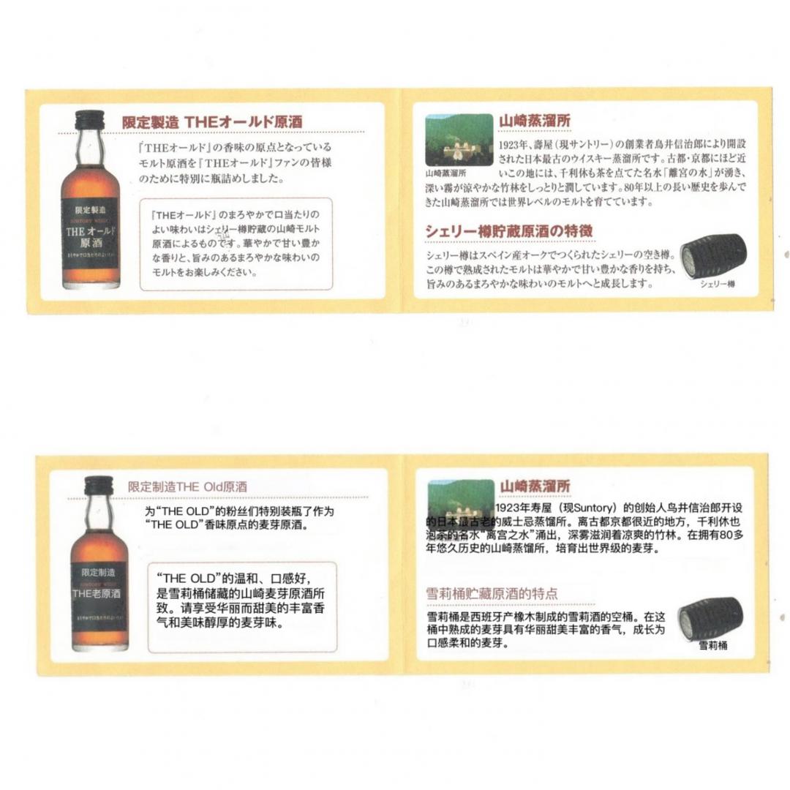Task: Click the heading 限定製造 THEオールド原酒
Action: click(x=212, y=122)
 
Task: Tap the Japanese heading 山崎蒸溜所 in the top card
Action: click(x=535, y=121)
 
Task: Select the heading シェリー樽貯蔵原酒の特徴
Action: click(x=509, y=231)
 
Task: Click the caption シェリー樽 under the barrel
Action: click(x=717, y=283)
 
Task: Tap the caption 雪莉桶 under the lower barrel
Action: click(x=713, y=645)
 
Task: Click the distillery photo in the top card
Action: click(x=459, y=139)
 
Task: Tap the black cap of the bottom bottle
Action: click(x=99, y=485)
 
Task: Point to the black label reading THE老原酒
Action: click(x=99, y=596)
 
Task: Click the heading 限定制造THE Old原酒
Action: click(x=187, y=486)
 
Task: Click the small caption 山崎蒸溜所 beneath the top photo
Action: click(x=445, y=174)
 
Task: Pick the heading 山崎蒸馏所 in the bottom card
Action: click(x=535, y=486)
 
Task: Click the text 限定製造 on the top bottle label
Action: click(x=91, y=210)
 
